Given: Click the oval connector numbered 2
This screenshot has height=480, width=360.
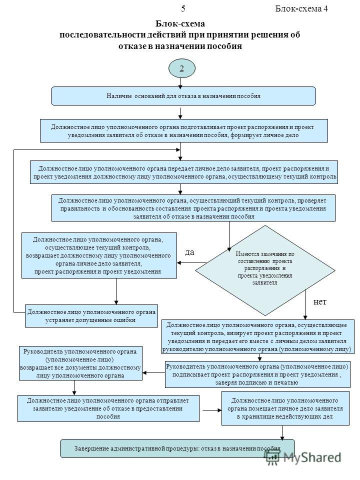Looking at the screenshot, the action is pos(182,68).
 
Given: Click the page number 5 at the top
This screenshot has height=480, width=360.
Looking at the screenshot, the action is pos(183,8).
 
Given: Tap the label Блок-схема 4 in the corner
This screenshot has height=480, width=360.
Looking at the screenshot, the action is pos(301,8).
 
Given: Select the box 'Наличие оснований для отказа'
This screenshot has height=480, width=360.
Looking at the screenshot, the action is pos(183,96).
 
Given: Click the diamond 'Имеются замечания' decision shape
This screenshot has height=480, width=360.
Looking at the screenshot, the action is pos(265,270).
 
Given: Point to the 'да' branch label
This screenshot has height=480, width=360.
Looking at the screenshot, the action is pos(189,252).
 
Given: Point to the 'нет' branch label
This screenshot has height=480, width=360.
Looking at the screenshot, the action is pos(320,302).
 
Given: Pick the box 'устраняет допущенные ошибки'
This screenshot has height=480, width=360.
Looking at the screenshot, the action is pos(91,316).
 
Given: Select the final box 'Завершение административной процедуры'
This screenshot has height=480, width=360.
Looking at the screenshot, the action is pos(177,448).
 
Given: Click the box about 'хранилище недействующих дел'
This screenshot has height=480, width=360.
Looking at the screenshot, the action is pos(285,408).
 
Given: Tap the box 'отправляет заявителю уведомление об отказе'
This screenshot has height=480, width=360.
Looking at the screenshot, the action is pos(108,408).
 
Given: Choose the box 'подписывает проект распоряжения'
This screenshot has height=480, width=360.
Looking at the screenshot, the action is pos(258,374).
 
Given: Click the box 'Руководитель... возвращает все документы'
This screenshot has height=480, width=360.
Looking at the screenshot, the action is pos(80,363).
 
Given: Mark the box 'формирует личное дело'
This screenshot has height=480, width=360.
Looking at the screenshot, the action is pos(183,130).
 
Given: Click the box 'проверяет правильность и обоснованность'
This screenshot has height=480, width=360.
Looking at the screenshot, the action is pos(193,208).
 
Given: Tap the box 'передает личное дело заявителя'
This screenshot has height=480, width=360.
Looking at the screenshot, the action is pos(183,172).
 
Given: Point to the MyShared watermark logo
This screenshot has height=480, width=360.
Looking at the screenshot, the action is pos(303,458).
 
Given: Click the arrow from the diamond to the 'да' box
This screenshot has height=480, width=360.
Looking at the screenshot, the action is pos(192,262).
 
